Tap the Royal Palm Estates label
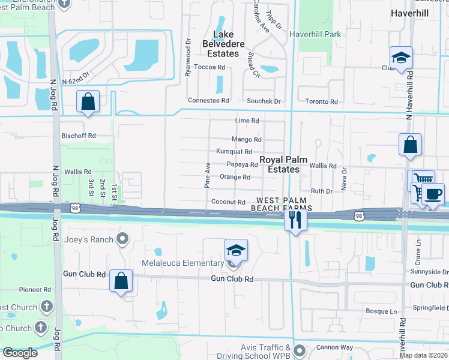click(283, 165)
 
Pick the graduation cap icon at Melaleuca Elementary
click(236, 251)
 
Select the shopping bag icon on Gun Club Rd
click(121, 281)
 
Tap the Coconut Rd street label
click(228, 203)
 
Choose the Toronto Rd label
click(321, 102)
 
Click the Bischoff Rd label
click(79, 136)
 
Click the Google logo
click(20, 353)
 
